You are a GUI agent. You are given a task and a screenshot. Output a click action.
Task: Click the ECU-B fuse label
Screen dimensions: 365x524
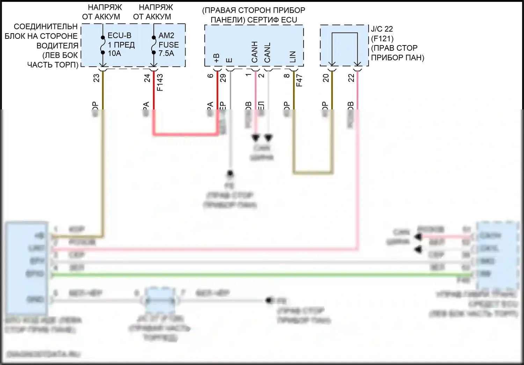click(119, 36)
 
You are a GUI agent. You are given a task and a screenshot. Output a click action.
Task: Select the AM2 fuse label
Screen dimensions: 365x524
click(166, 36)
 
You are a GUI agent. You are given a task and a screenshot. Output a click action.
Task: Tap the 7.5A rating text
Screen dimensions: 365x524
click(166, 53)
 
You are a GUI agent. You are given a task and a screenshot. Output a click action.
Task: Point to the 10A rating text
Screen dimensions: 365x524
click(114, 53)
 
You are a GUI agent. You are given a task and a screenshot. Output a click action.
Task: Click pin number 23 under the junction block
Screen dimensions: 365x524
click(96, 78)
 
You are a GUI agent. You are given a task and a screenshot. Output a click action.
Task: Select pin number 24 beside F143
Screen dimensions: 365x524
click(147, 78)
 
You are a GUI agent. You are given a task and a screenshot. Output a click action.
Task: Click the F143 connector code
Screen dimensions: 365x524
click(160, 83)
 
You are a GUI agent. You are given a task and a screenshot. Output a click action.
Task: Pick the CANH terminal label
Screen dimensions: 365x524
click(255, 52)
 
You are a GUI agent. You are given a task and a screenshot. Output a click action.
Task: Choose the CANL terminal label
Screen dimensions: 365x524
click(268, 53)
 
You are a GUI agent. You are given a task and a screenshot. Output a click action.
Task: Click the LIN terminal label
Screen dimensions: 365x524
click(293, 57)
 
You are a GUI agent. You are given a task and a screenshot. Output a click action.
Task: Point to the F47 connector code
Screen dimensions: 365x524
click(299, 80)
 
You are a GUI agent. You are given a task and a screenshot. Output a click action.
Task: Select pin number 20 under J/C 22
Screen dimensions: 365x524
click(326, 78)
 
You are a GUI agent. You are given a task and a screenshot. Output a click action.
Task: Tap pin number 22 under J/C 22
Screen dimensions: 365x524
click(351, 78)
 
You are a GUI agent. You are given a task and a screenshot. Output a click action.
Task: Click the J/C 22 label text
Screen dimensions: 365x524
click(382, 29)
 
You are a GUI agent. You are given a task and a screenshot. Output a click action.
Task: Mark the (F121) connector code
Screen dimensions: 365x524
click(382, 38)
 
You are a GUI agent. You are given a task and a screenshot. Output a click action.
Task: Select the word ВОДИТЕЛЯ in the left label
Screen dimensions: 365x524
click(57, 45)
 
